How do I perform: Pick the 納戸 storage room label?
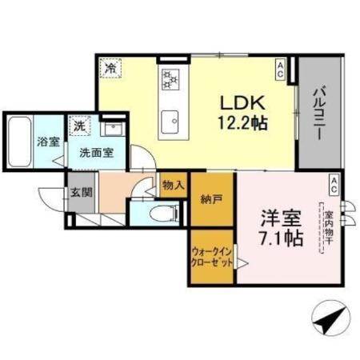(213, 200)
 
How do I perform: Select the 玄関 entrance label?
(78, 192)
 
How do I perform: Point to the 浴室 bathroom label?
(46, 142)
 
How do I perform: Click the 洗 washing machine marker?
(80, 126)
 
